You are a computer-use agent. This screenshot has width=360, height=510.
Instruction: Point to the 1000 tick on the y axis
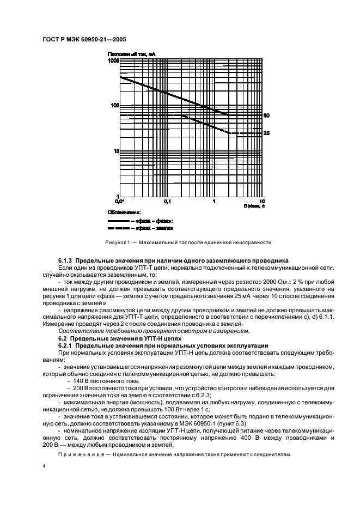click(x=113, y=62)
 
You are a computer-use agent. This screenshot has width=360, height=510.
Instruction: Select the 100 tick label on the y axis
click(x=114, y=105)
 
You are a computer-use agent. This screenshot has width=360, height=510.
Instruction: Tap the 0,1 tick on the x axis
click(x=167, y=201)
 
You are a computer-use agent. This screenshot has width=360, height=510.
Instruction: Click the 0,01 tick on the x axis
click(x=120, y=201)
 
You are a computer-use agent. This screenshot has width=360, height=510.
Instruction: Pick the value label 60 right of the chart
click(x=266, y=116)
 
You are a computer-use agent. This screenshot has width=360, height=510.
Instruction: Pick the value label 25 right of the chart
click(x=266, y=133)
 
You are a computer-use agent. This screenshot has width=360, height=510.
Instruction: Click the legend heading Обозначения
click(x=124, y=213)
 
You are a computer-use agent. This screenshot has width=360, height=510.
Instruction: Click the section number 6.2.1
click(x=65, y=345)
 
